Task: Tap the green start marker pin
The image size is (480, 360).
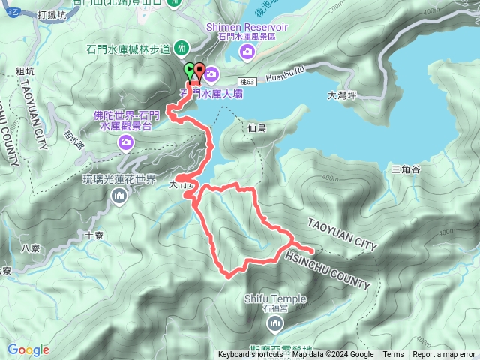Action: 189,70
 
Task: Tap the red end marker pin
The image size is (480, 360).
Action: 199,70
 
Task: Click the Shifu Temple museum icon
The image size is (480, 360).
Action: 274,323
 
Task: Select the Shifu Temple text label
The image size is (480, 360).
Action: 274,298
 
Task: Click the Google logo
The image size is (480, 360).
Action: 28,349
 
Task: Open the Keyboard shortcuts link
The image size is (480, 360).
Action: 250,355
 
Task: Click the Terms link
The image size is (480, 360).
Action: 393,355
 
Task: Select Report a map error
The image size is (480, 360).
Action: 443,355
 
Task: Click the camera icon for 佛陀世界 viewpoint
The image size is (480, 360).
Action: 127,141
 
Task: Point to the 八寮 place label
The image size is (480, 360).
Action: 30,248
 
